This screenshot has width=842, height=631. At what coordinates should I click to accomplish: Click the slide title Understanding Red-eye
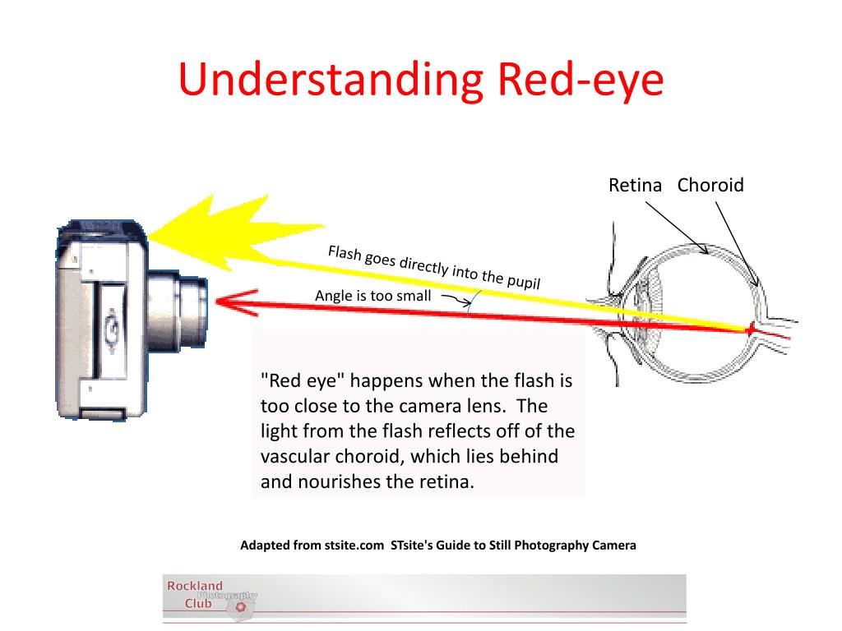pos(421,80)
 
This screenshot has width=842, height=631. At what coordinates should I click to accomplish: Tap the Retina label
pos(635,186)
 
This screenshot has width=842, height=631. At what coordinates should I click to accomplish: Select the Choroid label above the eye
pos(710,186)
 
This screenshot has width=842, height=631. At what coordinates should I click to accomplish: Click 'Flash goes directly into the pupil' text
pos(433,267)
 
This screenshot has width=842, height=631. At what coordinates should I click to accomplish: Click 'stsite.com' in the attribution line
pos(353,545)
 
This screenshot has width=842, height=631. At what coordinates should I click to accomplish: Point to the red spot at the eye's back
pos(750,329)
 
